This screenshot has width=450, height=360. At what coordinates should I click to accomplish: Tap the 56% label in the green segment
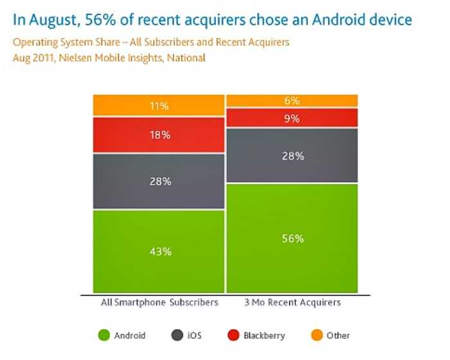click(292, 239)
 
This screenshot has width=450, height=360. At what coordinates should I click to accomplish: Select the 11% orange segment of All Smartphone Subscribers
click(158, 105)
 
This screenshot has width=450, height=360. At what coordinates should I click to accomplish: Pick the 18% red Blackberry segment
click(158, 135)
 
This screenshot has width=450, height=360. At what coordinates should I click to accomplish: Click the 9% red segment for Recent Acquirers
click(292, 118)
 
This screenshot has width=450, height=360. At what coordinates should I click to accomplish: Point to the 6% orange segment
click(292, 101)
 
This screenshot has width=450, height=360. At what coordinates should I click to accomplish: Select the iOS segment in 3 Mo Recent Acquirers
click(292, 156)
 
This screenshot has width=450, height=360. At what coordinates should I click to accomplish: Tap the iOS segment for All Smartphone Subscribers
click(158, 181)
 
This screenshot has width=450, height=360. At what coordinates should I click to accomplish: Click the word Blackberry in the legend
click(264, 336)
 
